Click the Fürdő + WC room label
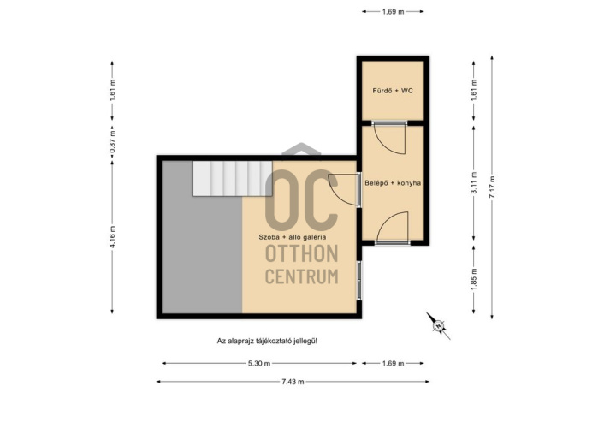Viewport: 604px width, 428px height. [x=393, y=91]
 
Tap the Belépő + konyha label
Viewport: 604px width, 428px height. [x=393, y=183]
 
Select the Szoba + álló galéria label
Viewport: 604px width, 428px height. [x=293, y=237]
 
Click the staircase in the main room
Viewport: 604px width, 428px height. [x=233, y=179]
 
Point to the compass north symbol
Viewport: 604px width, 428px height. [x=438, y=326]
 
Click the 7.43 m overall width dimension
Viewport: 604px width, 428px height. [x=293, y=382]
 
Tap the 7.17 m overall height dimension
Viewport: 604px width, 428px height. [x=492, y=187]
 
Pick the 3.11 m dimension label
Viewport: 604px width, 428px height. [x=474, y=183]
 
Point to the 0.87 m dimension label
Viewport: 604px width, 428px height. [x=112, y=140]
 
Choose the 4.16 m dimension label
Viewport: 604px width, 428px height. [x=112, y=237]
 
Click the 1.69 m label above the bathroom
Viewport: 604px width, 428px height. [x=393, y=12]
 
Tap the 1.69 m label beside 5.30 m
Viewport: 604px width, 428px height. [x=393, y=363]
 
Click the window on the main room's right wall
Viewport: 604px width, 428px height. [x=359, y=280]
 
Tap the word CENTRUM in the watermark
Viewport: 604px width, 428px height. [x=302, y=276]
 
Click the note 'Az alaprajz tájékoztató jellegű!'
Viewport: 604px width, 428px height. [x=267, y=342]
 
